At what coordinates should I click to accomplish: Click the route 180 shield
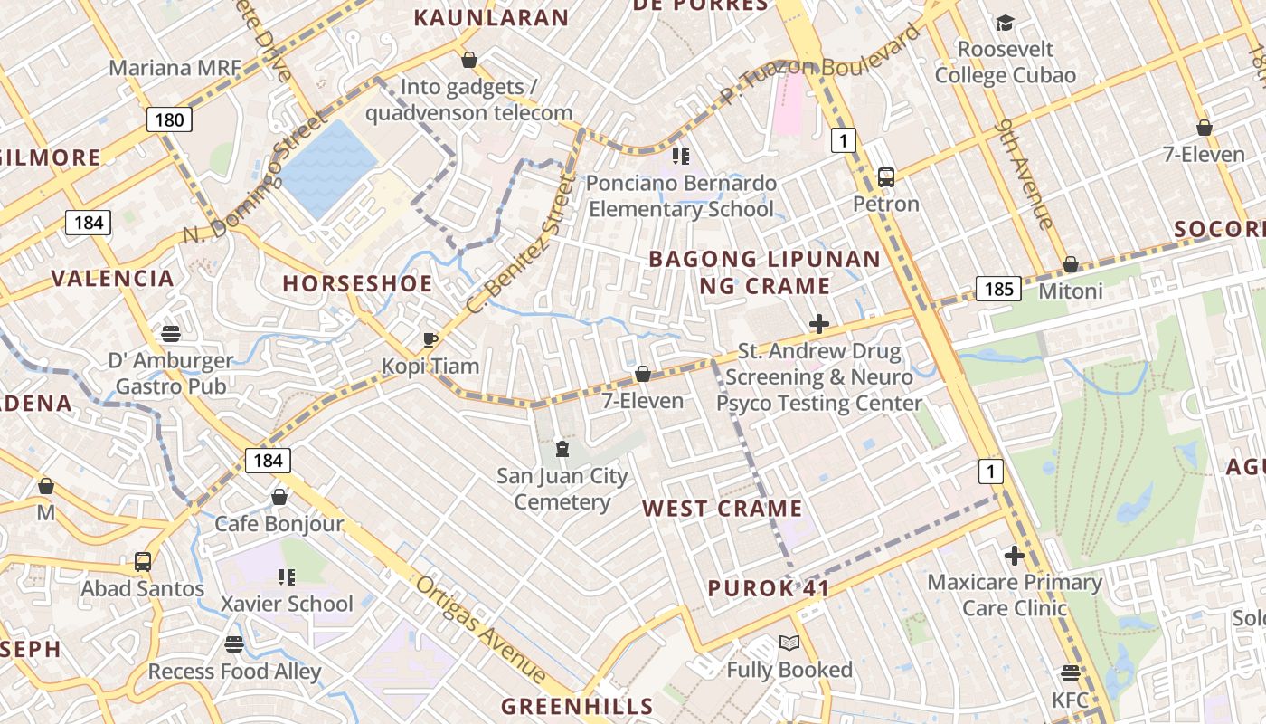coord(168,119)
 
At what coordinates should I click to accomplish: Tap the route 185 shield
coord(998,289)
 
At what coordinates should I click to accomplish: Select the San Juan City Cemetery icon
coord(562,449)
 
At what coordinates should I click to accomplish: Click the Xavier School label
coord(288,604)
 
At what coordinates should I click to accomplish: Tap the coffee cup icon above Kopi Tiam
coord(430,340)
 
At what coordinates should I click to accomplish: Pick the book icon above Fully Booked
coord(789,643)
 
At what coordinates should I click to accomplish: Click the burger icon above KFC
coord(1071,673)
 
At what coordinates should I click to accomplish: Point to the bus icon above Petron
coord(886,177)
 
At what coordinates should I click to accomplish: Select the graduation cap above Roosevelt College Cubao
coord(1005,24)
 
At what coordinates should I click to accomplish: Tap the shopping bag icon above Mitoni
coord(1071,264)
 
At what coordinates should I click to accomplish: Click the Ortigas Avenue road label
coord(481,630)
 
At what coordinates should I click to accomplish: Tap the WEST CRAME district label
coord(723,509)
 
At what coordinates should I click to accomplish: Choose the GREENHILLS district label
coord(577,706)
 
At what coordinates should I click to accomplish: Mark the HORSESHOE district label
coord(357,283)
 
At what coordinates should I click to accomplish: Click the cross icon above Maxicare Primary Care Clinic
coord(1014,555)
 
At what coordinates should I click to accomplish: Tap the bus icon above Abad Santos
coord(143,562)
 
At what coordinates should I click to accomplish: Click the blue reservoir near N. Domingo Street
coord(327,168)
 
